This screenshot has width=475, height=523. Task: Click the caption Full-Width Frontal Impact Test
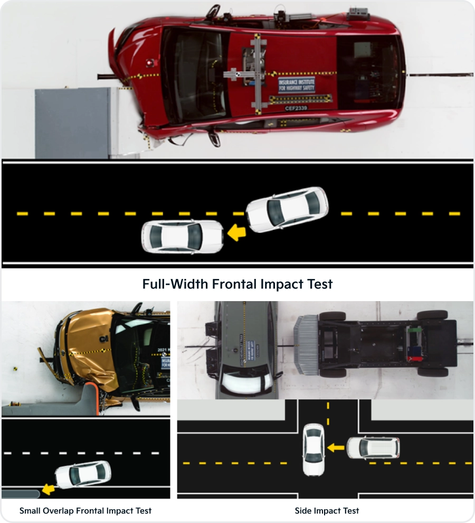(237, 284)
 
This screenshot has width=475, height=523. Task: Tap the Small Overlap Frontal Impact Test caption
(85, 511)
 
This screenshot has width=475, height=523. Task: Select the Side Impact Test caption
(327, 511)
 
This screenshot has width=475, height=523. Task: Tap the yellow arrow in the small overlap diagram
(49, 490)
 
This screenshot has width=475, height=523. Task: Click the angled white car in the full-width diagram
(287, 210)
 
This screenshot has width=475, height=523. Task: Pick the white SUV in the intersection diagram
(372, 448)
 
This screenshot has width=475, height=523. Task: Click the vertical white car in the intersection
(313, 450)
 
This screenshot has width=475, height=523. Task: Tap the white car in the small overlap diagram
(83, 474)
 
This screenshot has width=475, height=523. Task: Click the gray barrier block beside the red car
(72, 123)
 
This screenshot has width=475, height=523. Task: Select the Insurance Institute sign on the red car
(296, 85)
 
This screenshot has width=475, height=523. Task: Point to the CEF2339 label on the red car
(296, 108)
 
